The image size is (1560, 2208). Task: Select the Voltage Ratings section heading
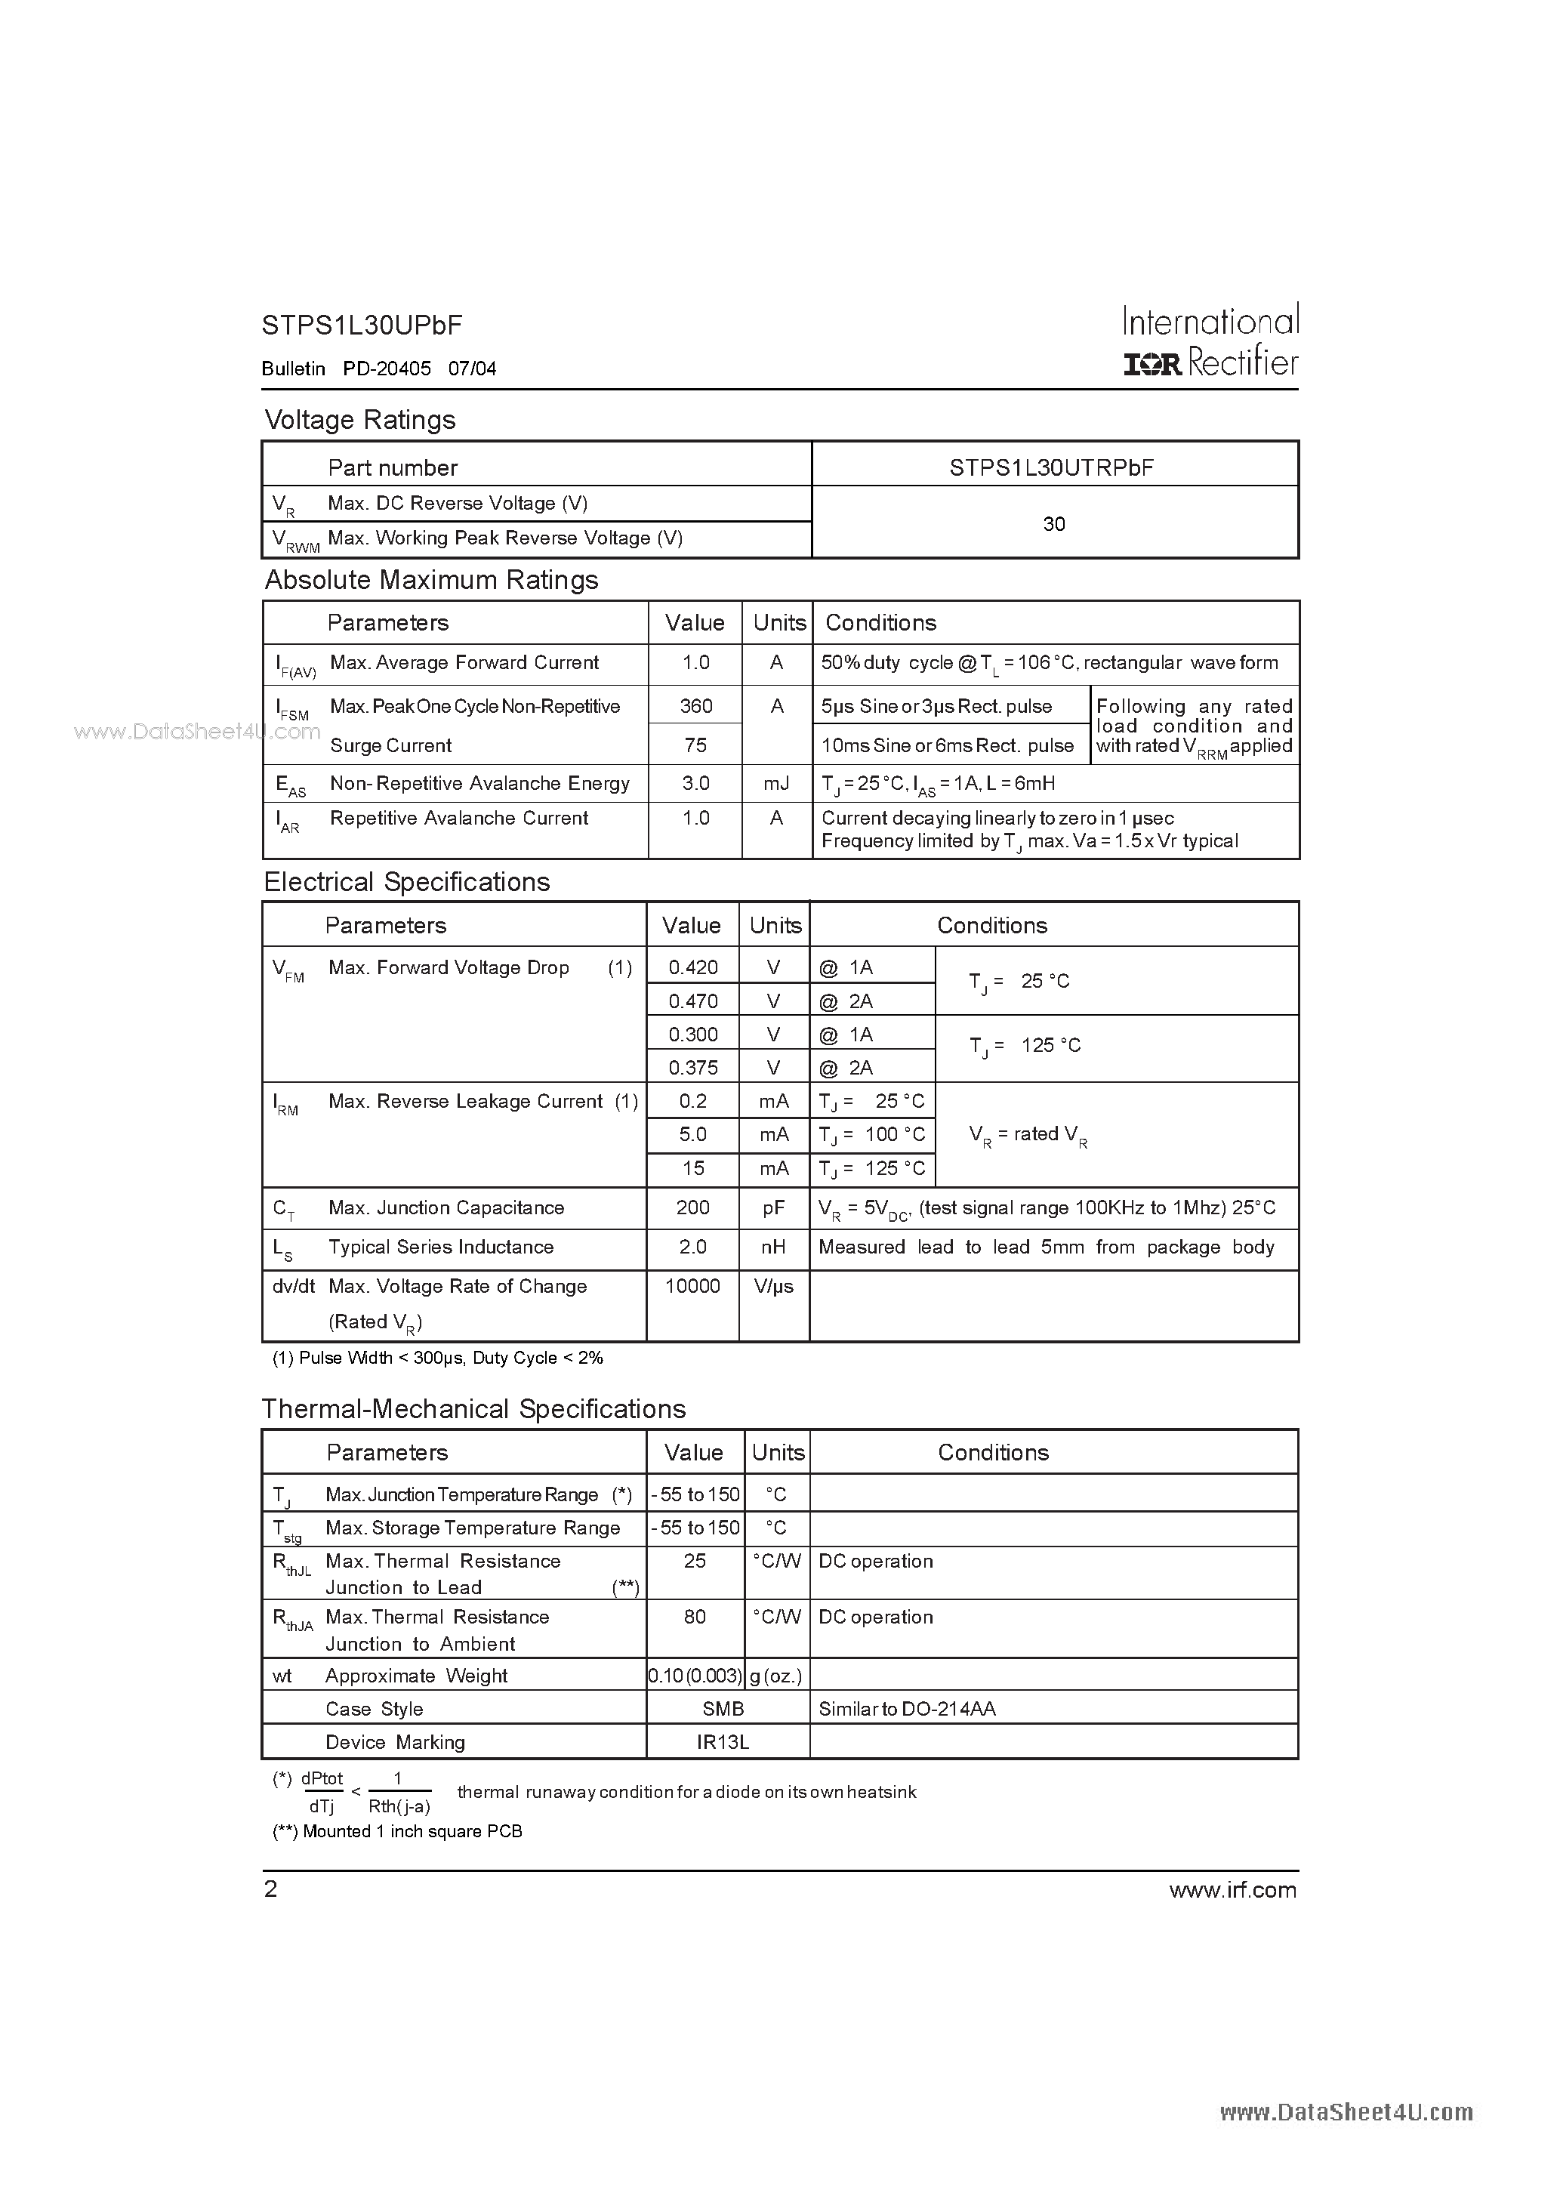point(359,421)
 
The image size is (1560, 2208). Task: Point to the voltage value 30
point(1054,524)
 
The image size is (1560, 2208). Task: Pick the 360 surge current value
point(695,706)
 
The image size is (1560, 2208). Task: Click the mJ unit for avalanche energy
point(776,784)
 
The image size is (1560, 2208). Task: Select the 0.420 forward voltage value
point(693,967)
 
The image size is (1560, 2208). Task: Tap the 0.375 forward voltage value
point(693,1068)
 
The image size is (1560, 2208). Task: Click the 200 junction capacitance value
point(692,1208)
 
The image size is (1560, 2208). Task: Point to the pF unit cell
point(773,1208)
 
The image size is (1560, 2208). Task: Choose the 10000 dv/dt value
point(692,1287)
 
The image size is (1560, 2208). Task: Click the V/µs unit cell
point(773,1287)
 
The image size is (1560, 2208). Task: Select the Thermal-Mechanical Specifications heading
point(474,1409)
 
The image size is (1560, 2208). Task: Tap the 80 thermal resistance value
point(695,1617)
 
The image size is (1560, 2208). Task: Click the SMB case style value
point(723,1709)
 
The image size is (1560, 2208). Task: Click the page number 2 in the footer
point(271,1889)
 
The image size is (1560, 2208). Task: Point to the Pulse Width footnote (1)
point(438,1358)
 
